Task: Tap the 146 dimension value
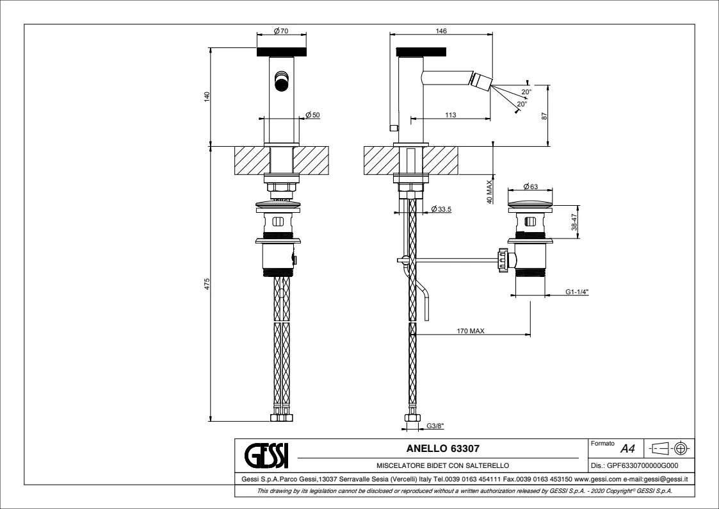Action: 440,31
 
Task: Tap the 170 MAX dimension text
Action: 471,331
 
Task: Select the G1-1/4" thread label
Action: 577,292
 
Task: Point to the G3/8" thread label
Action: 435,424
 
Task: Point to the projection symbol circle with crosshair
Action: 682,447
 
